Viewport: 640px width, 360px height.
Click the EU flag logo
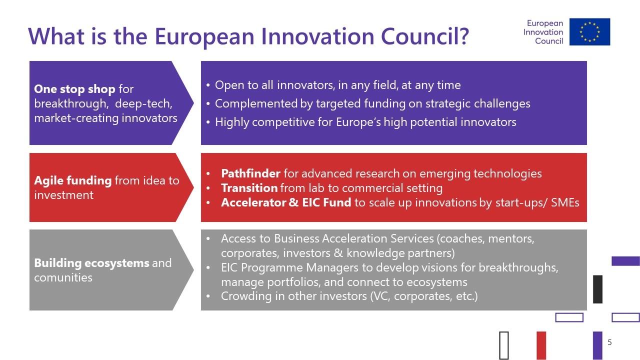click(x=589, y=31)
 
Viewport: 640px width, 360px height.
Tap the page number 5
click(x=609, y=342)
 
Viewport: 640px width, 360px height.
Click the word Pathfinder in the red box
click(x=250, y=173)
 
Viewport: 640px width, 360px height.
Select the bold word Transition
click(x=249, y=188)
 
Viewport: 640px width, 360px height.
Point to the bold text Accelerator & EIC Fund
click(x=286, y=202)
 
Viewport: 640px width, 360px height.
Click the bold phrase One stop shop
click(x=74, y=89)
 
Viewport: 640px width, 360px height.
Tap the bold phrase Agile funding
click(x=73, y=180)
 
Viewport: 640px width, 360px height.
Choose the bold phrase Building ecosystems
click(x=91, y=263)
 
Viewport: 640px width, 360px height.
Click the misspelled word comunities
click(x=63, y=277)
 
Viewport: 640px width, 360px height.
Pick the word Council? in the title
click(x=425, y=36)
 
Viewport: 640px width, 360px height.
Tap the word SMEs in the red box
click(x=565, y=202)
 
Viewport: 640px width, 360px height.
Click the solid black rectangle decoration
click(x=597, y=289)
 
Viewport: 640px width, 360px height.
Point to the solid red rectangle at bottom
click(x=541, y=345)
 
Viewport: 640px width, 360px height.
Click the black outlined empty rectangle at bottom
click(x=504, y=345)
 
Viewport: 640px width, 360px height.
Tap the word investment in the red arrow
click(x=63, y=195)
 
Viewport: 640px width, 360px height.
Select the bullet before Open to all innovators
click(x=208, y=85)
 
